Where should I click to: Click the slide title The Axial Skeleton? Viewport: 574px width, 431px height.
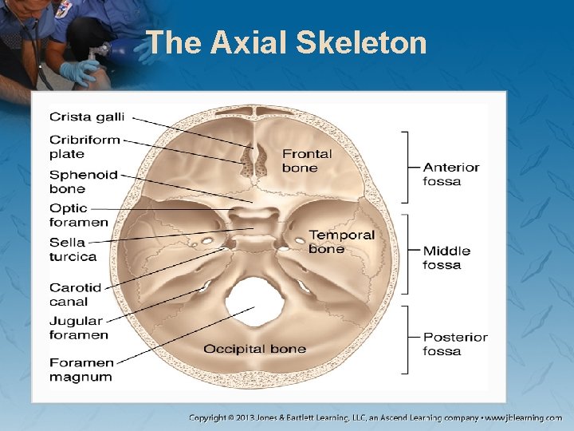click(x=287, y=42)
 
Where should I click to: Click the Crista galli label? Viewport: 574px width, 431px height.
click(x=87, y=117)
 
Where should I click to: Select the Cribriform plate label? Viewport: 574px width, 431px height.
click(x=85, y=147)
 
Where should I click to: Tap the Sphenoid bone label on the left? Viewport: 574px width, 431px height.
click(x=83, y=182)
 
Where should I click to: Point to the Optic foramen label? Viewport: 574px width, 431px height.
click(x=78, y=215)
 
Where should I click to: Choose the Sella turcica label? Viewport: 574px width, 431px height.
click(x=73, y=250)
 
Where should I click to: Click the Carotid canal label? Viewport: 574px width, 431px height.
click(x=75, y=295)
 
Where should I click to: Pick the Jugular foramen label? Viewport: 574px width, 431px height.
click(x=78, y=328)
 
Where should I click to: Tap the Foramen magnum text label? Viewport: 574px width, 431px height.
click(x=81, y=370)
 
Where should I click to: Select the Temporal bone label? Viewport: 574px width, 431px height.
click(x=341, y=241)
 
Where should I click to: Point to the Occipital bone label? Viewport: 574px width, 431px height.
click(x=254, y=349)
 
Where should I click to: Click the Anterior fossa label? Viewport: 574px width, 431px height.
click(x=451, y=174)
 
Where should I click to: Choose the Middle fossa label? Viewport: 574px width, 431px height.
click(x=446, y=257)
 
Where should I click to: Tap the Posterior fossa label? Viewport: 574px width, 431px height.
click(x=454, y=344)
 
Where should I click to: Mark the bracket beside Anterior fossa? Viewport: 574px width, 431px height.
click(x=407, y=168)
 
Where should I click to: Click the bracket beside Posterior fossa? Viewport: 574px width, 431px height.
click(x=407, y=339)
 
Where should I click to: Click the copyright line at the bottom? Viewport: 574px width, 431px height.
click(x=375, y=417)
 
